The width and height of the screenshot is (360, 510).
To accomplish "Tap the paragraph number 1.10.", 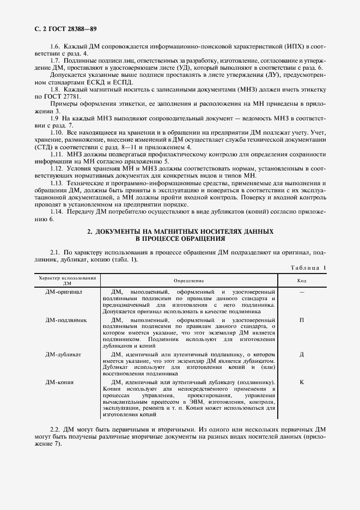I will pyautogui.click(x=57, y=132).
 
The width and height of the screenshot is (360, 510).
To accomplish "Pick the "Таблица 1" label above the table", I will pyautogui.click(x=309, y=268).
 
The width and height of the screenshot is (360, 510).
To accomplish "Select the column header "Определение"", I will pyautogui.click(x=188, y=281).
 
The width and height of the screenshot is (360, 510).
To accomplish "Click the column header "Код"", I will pyautogui.click(x=301, y=281).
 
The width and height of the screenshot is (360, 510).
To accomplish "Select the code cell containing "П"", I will pyautogui.click(x=301, y=320).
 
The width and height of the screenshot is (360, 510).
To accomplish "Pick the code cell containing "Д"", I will pyautogui.click(x=301, y=354).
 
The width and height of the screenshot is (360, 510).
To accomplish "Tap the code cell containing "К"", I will pyautogui.click(x=301, y=382).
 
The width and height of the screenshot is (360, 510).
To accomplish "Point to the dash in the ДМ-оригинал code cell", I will pyautogui.click(x=301, y=292).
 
